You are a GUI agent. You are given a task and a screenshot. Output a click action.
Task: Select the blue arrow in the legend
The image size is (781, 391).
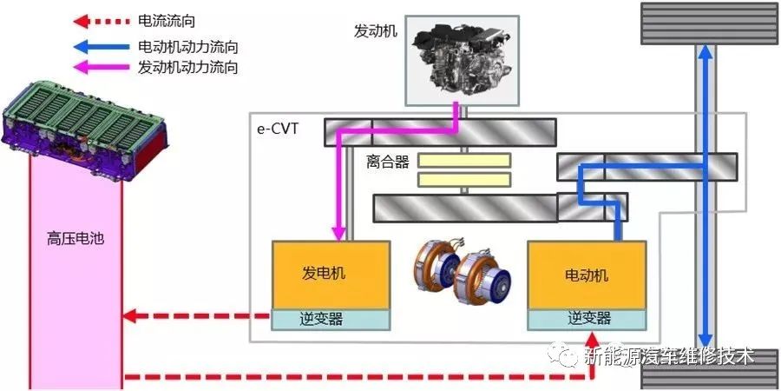[102, 48]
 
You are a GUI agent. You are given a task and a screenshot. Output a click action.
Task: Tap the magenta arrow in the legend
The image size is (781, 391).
[102, 67]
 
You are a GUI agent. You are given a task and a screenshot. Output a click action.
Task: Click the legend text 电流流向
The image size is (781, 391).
[167, 22]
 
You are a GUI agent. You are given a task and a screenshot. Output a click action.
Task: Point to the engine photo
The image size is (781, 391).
[462, 60]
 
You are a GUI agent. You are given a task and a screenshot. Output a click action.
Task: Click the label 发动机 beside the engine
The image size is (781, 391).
[376, 31]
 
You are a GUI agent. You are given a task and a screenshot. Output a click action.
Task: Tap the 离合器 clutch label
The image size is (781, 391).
[388, 162]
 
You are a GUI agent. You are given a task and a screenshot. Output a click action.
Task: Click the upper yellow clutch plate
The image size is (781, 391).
[464, 160]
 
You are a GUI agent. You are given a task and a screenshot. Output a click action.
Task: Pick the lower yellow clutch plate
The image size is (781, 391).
[464, 180]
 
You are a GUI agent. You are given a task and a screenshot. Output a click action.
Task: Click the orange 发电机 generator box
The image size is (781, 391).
[331, 275]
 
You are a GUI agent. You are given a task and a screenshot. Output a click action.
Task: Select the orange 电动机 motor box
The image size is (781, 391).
[587, 275]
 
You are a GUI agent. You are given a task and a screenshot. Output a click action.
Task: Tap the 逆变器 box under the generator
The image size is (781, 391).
[331, 320]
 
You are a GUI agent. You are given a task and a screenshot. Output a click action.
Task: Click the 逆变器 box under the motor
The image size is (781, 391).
[587, 320]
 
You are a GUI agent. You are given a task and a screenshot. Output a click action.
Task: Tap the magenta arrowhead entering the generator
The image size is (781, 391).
[338, 234]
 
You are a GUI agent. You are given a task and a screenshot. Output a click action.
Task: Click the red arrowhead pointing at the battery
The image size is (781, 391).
[129, 315]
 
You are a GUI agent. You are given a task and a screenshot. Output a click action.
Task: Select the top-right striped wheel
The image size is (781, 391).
[709, 23]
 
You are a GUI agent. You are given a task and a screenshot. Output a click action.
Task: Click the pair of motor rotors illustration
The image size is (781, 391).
[462, 268]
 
